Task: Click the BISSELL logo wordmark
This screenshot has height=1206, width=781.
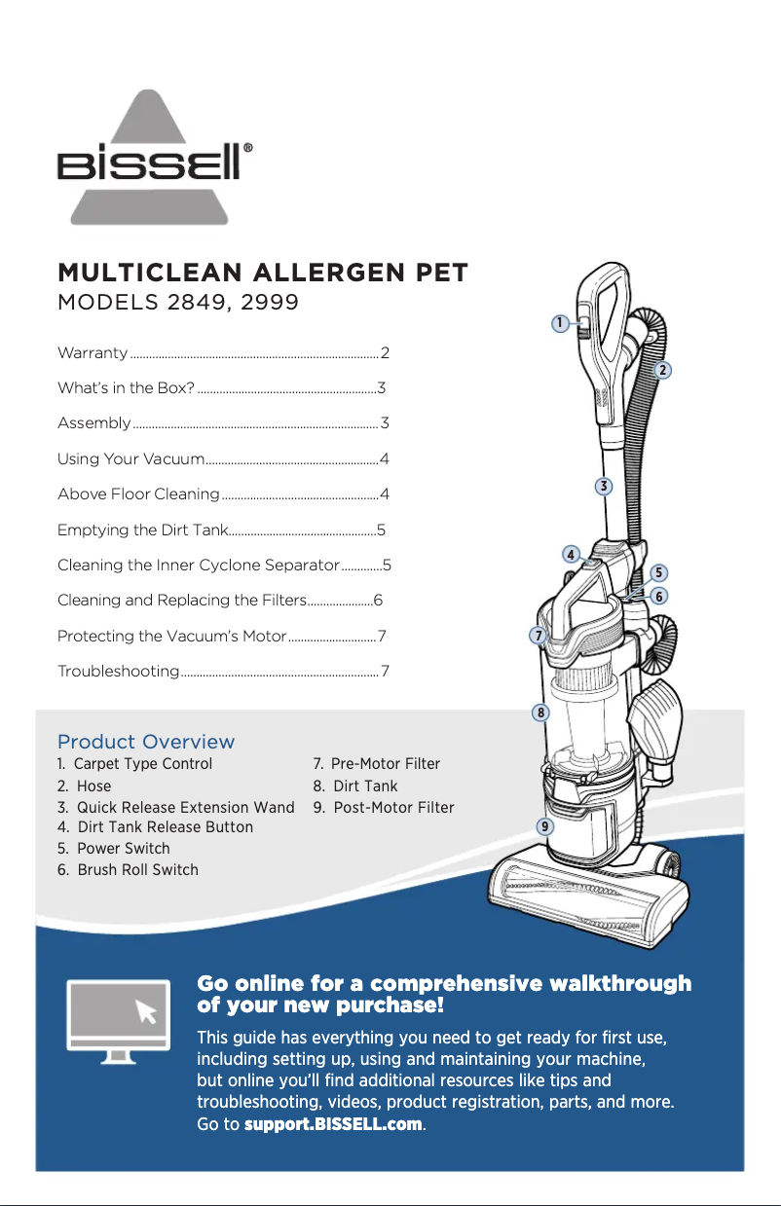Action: coord(156,163)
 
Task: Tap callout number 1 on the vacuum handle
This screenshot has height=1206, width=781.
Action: coord(560,323)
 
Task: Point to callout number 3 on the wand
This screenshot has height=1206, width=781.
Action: coord(604,486)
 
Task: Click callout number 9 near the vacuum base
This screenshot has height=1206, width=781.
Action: coord(545,826)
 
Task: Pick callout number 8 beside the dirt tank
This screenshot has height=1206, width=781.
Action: coord(539,713)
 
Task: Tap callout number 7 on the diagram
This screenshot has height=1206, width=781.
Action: coord(537,636)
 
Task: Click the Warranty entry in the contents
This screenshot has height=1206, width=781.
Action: coord(93,352)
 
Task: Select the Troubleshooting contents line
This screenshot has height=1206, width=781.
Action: coord(118,672)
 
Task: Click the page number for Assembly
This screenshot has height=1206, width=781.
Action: coord(385,423)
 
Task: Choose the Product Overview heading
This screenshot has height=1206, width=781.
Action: coord(146,743)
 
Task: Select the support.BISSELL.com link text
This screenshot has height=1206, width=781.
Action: coord(333,1124)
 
